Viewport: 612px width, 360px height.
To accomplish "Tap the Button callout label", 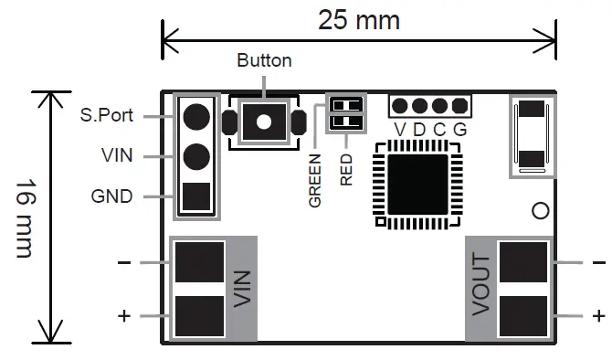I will click(x=264, y=61).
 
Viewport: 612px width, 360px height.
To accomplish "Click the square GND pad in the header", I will click(x=195, y=196).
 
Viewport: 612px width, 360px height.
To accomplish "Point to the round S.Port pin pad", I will click(x=195, y=116).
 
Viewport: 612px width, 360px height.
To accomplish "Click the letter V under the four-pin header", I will click(x=399, y=129).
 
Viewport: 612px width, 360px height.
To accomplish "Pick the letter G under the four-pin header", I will click(x=459, y=129).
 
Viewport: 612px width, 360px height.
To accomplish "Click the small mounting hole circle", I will click(x=540, y=211).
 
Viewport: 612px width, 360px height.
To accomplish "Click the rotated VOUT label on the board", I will click(x=481, y=286).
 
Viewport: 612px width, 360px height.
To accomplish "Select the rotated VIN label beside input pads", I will click(x=241, y=290).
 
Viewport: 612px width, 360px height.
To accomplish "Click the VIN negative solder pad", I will click(x=199, y=262).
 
